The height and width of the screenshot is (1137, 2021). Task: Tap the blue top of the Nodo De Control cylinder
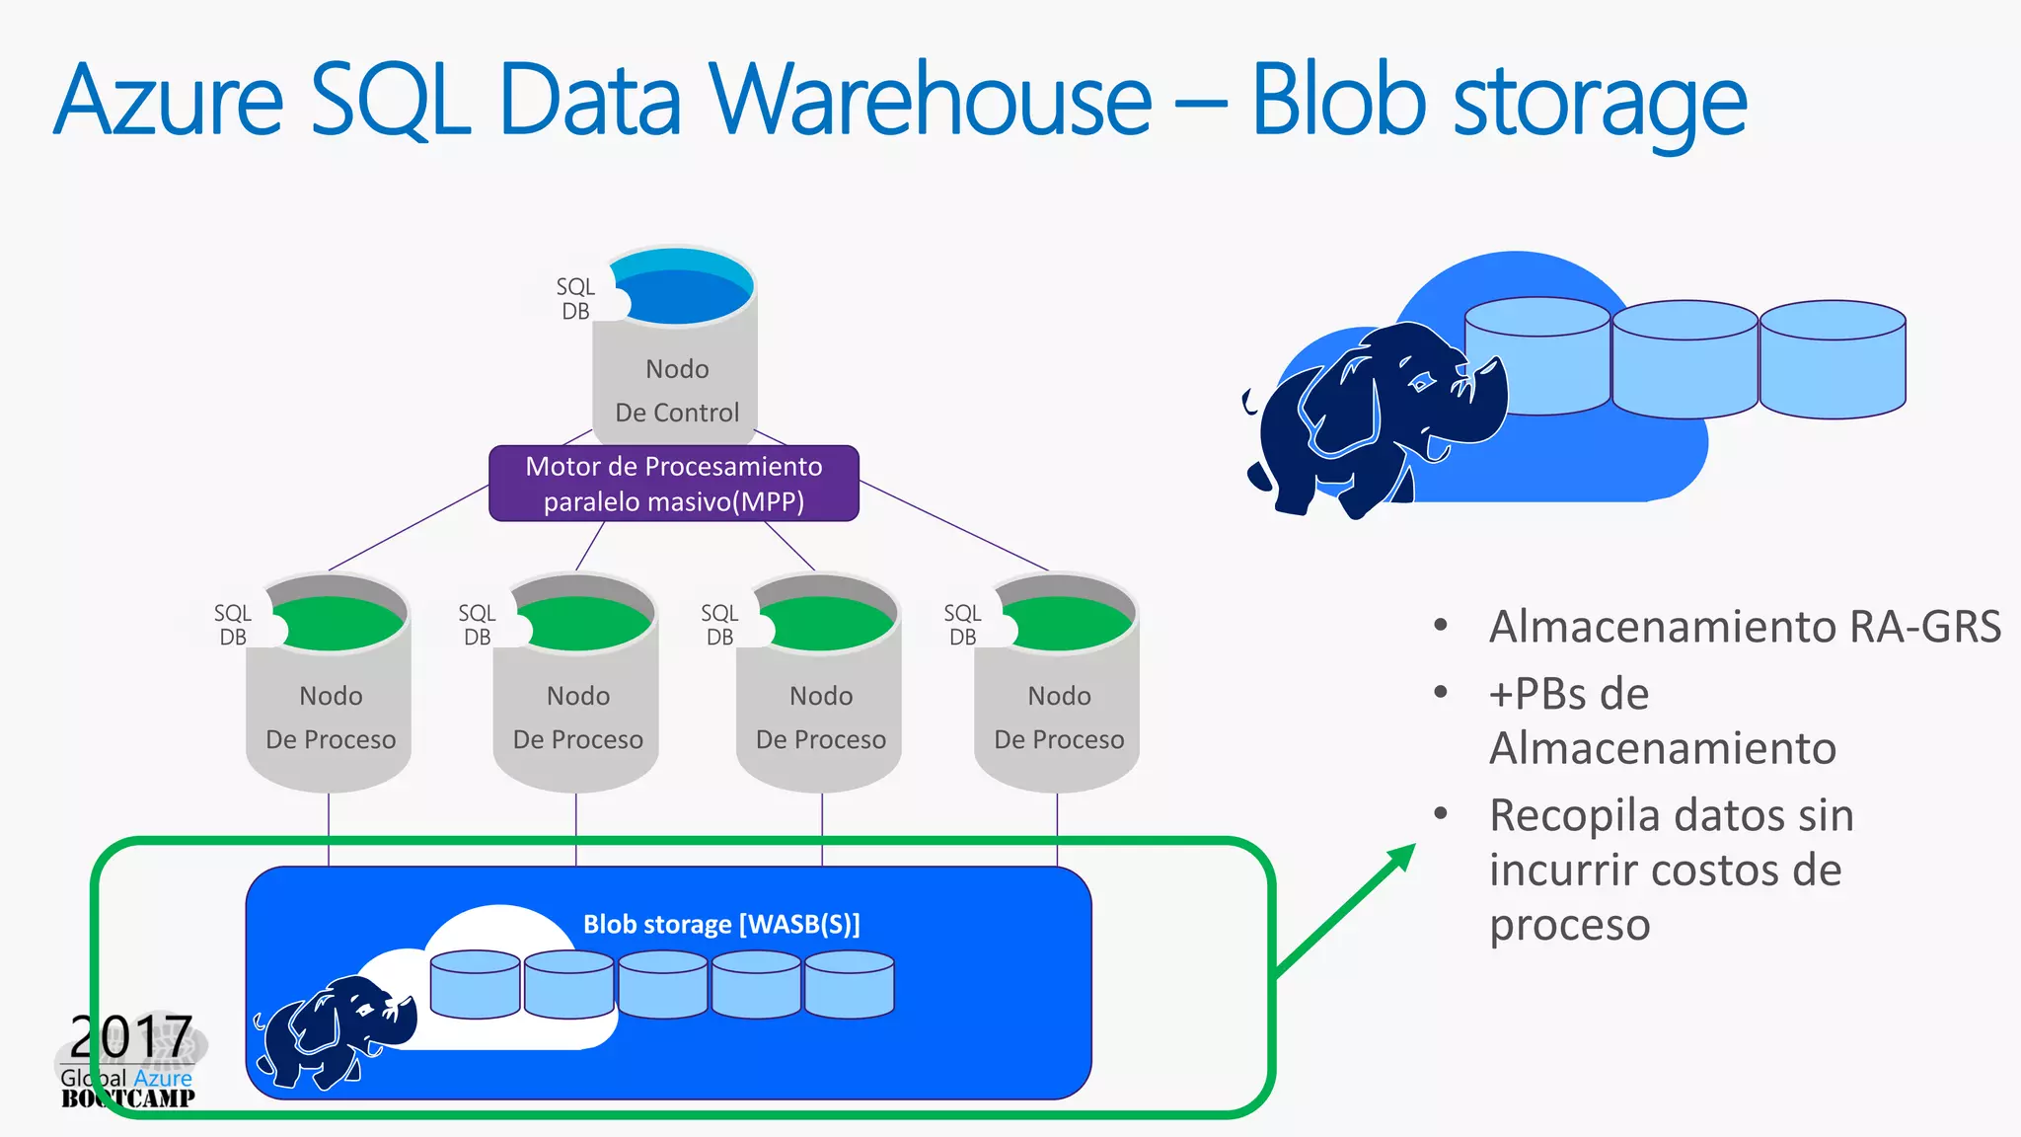[x=678, y=292]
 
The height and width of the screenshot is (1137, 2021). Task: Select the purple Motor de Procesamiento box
[x=674, y=484]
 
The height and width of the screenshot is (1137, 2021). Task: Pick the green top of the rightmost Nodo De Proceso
[x=1066, y=624]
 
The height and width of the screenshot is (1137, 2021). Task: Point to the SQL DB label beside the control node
[x=575, y=299]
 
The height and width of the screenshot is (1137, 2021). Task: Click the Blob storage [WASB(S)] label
[x=721, y=924]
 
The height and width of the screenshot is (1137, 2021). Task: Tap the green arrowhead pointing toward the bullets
[x=1400, y=858]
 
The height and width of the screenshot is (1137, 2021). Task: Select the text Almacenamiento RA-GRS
[x=1744, y=627]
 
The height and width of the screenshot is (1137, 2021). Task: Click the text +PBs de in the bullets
[x=1568, y=694]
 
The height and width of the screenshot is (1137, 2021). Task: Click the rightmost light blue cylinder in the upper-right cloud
[x=1833, y=360]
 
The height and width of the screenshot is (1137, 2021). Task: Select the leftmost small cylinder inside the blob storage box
[x=475, y=985]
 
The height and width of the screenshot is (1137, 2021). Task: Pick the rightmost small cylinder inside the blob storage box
[x=849, y=985]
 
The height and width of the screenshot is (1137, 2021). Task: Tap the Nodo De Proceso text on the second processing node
[x=577, y=718]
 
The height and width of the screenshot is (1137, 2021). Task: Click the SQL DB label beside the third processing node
[x=719, y=625]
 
